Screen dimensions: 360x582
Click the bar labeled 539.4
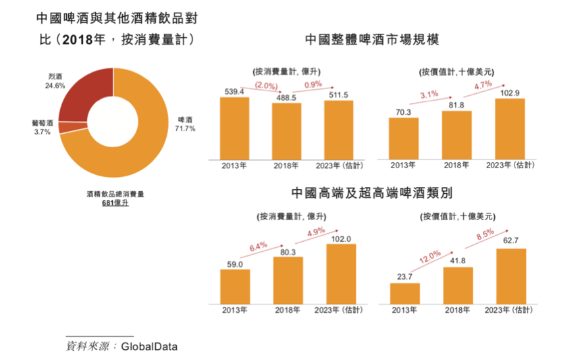234,128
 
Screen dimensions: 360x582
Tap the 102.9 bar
510,128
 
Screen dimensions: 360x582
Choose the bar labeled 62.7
510,276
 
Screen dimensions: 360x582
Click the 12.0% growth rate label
430,257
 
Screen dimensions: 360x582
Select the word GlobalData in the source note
149,346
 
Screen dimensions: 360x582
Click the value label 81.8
456,104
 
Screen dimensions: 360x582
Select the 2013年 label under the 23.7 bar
404,311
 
